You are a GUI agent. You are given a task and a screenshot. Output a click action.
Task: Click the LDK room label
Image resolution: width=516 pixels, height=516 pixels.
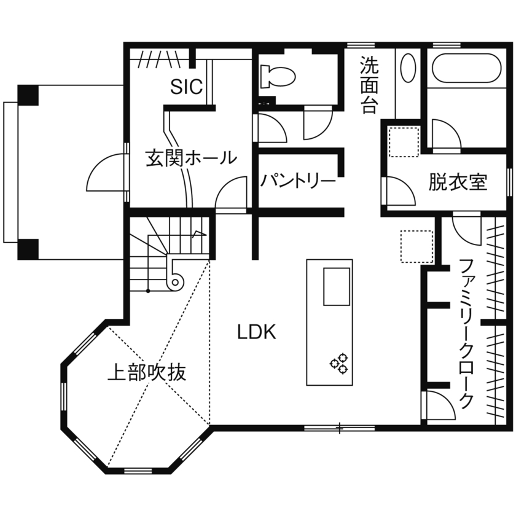click(x=257, y=332)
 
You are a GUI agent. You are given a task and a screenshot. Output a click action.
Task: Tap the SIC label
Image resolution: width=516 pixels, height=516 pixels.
click(x=187, y=87)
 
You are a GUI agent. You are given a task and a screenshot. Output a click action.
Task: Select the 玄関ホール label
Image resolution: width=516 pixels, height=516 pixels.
click(x=190, y=157)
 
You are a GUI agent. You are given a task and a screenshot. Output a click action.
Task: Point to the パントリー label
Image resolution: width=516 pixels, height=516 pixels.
click(x=297, y=181)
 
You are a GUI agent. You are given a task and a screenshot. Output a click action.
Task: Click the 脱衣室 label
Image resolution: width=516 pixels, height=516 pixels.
click(x=458, y=182)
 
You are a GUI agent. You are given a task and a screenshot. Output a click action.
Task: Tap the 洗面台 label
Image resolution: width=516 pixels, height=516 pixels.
click(x=369, y=85)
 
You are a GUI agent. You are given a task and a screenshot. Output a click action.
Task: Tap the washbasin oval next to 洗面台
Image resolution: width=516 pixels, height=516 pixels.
click(x=407, y=68)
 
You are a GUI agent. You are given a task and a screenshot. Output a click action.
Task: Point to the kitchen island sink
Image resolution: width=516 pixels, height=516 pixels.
click(x=336, y=286)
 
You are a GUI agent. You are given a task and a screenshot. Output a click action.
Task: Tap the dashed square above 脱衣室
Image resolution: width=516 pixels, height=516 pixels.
click(x=403, y=141)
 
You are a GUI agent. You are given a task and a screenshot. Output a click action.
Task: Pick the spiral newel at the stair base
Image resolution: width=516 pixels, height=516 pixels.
click(x=175, y=282)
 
